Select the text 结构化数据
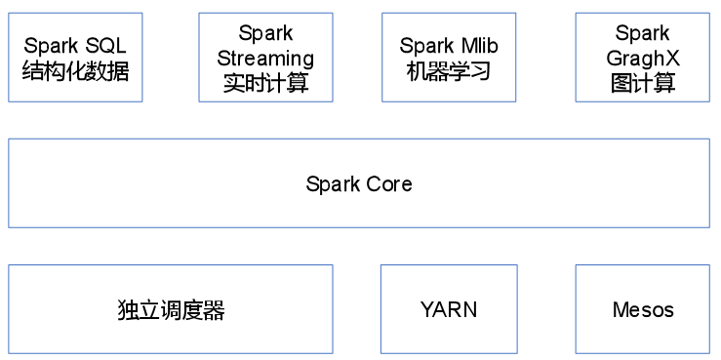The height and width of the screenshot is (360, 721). pos(75,70)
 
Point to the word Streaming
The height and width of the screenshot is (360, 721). pos(265,58)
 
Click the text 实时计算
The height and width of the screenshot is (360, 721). pos(265,83)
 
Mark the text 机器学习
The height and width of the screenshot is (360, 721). pos(449,71)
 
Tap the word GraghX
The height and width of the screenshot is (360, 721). pos(642,58)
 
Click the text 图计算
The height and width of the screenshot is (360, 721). pos(642,83)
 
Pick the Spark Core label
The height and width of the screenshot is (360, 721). pos(359,183)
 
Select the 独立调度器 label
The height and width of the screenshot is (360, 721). pos(171,310)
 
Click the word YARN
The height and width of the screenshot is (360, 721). pos(449,310)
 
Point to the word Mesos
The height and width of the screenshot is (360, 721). pos(642,310)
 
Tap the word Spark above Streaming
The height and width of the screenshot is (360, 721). pos(265,33)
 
